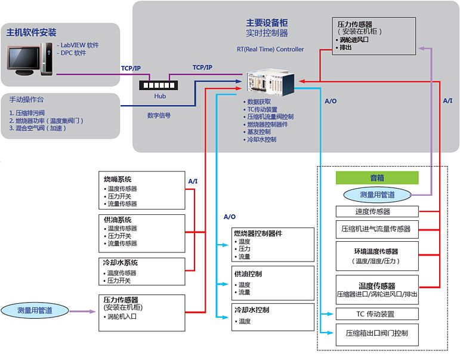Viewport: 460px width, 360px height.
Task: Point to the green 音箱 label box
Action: pyautogui.click(x=377, y=178)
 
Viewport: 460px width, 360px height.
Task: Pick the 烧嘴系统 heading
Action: pyautogui.click(x=118, y=179)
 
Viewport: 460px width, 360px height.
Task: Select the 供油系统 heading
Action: pyautogui.click(x=118, y=220)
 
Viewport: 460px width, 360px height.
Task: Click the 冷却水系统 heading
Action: pyautogui.click(x=121, y=262)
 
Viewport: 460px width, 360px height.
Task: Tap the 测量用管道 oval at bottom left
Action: pyautogui.click(x=35, y=310)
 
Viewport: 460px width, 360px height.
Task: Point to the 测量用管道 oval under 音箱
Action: pyautogui.click(x=377, y=194)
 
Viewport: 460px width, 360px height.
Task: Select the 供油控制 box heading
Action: pyautogui.click(x=248, y=274)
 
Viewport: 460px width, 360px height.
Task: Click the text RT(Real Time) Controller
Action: pyautogui.click(x=270, y=49)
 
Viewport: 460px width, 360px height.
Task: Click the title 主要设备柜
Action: pyautogui.click(x=267, y=23)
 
